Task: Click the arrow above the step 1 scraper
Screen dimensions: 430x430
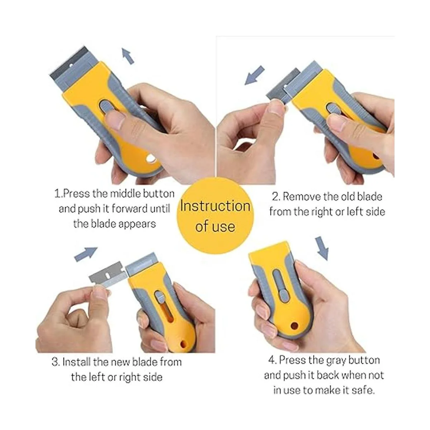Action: point(128,56)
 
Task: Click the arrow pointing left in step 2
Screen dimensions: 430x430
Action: point(255,75)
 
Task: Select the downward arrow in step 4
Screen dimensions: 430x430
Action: point(322,248)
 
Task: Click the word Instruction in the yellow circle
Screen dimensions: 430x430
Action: point(215,206)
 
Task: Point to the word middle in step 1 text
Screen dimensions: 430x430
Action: point(126,193)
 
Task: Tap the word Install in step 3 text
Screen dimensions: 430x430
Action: point(76,362)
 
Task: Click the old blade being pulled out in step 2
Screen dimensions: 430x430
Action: point(283,86)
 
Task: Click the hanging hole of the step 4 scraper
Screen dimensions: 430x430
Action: point(295,326)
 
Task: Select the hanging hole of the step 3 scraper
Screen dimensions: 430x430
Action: point(184,344)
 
